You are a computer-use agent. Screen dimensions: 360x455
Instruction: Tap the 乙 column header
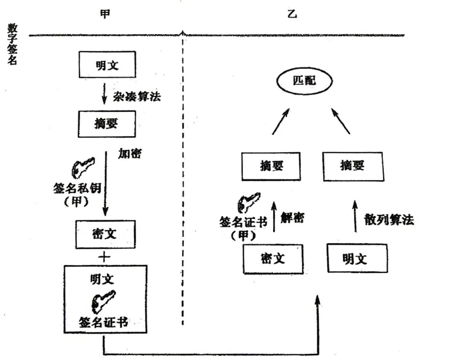coord(292,14)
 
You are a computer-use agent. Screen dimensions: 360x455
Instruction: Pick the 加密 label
coord(130,154)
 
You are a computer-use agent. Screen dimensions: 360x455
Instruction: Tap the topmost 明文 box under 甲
coord(108,65)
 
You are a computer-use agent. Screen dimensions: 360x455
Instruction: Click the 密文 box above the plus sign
coord(105,234)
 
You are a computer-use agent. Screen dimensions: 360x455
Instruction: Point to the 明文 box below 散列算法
coord(357,258)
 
